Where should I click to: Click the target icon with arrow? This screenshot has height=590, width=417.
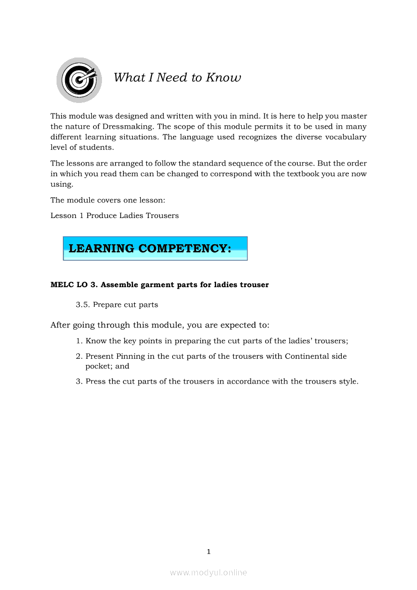pos(79,80)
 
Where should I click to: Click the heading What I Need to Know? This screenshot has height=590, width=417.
pos(177,77)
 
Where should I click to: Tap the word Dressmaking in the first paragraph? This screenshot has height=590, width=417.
pos(129,127)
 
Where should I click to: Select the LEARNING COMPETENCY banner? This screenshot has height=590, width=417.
pos(155,248)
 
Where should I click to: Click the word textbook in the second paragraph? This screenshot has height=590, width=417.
pos(302,174)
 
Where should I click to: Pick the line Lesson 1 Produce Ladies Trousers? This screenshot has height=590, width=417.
pos(115,216)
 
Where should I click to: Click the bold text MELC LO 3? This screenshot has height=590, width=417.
pos(74,285)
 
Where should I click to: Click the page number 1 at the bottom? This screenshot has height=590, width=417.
pos(209,552)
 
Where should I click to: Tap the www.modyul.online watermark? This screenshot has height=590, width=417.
pos(209,572)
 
